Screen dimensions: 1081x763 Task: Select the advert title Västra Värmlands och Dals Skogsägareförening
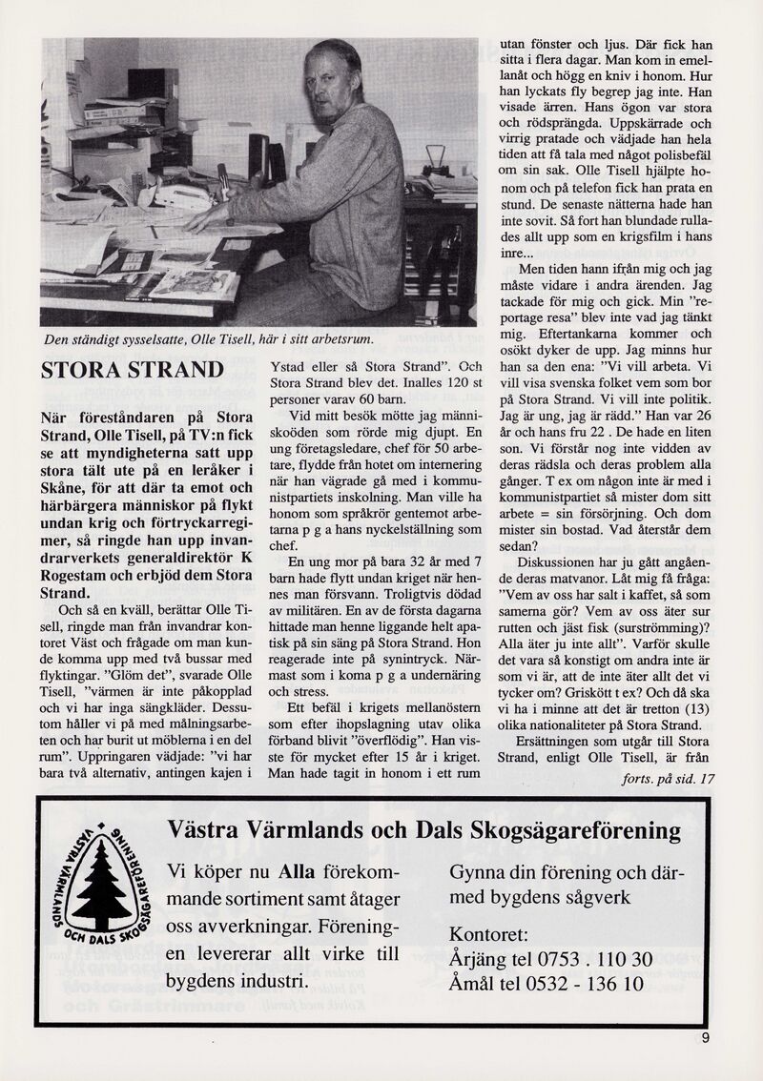click(423, 830)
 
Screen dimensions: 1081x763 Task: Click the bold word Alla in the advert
click(296, 872)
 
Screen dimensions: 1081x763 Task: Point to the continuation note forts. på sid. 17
click(667, 779)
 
